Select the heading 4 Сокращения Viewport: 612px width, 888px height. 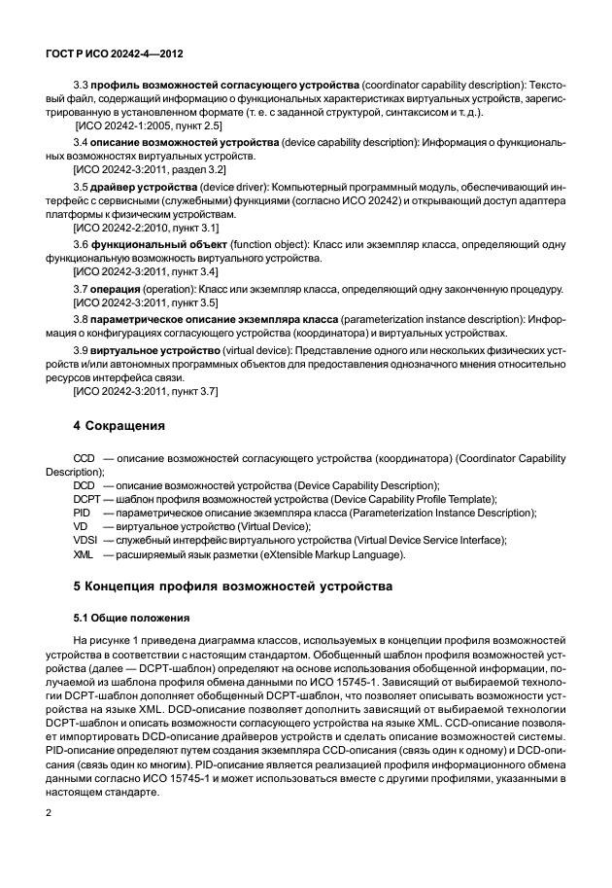pyautogui.click(x=120, y=426)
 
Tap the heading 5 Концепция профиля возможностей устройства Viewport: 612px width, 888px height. pyautogui.click(x=233, y=587)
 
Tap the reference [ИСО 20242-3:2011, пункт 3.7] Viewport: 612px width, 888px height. pyautogui.click(x=146, y=390)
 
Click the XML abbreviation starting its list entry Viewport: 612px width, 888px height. pyautogui.click(x=84, y=554)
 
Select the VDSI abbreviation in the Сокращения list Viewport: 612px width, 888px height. pyautogui.click(x=85, y=540)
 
